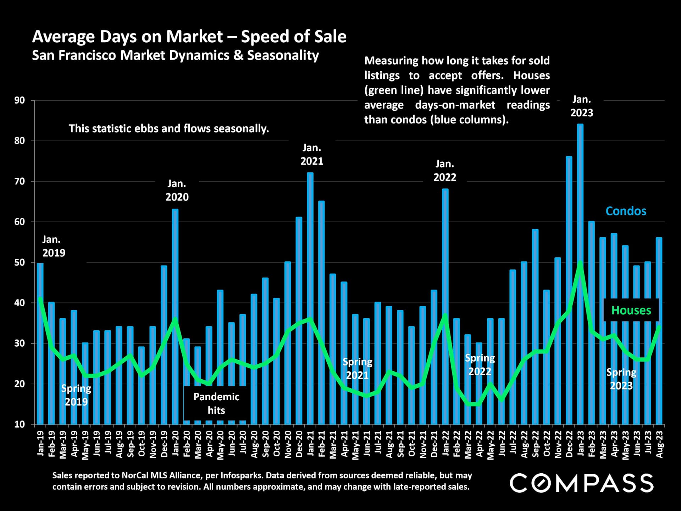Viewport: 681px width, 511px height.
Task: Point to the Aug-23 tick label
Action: pos(659,444)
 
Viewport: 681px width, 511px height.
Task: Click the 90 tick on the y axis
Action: pos(20,100)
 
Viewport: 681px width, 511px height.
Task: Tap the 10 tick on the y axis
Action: pos(20,424)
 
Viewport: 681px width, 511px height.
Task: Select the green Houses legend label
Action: pos(631,311)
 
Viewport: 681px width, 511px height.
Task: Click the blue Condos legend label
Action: pos(626,211)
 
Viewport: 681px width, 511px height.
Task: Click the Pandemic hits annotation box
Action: pos(216,403)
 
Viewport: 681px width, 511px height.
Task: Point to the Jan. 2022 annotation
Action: pos(445,171)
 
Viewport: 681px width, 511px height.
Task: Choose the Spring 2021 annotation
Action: pos(357,368)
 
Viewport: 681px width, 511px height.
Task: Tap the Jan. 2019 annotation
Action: pos(54,246)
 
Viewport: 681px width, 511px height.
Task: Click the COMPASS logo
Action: pos(581,483)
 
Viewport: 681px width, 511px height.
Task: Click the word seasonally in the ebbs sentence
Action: pos(241,128)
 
